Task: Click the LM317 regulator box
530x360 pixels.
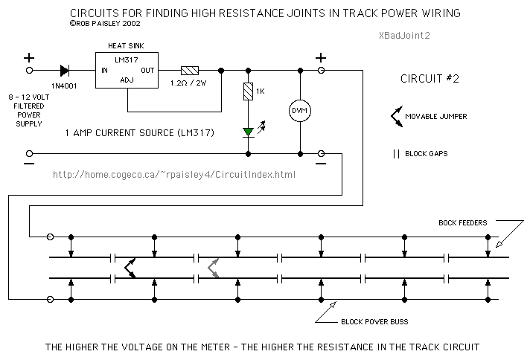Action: (x=126, y=71)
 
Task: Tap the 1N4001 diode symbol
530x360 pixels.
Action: (x=65, y=71)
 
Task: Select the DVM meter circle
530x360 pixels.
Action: (x=299, y=111)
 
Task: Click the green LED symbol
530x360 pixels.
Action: (x=247, y=132)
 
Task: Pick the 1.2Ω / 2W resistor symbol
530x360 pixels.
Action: (x=190, y=71)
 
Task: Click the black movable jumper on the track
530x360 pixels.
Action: (x=130, y=268)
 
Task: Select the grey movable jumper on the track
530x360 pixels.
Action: (x=214, y=268)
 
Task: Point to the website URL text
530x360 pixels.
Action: (x=175, y=175)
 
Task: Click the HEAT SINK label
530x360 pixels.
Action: (x=126, y=46)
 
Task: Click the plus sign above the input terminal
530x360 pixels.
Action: (x=31, y=57)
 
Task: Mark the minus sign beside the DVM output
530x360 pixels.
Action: (x=322, y=165)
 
